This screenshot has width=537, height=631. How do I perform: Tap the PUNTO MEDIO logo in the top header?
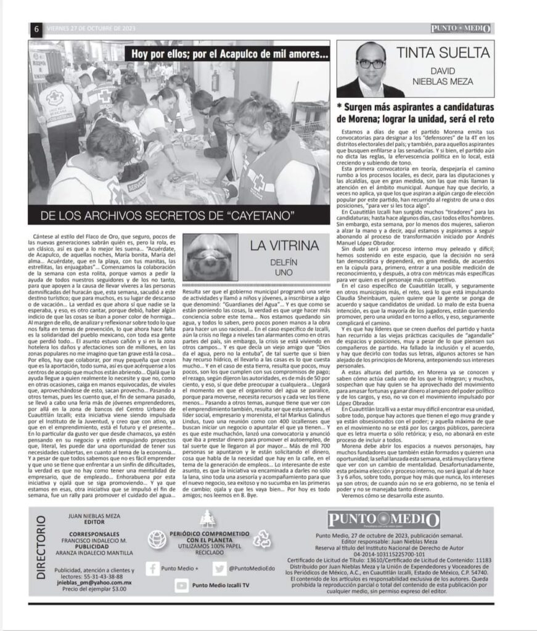point(461,28)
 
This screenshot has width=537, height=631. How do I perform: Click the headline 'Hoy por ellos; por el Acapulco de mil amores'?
point(228,54)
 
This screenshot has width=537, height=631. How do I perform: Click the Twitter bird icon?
point(218,568)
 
